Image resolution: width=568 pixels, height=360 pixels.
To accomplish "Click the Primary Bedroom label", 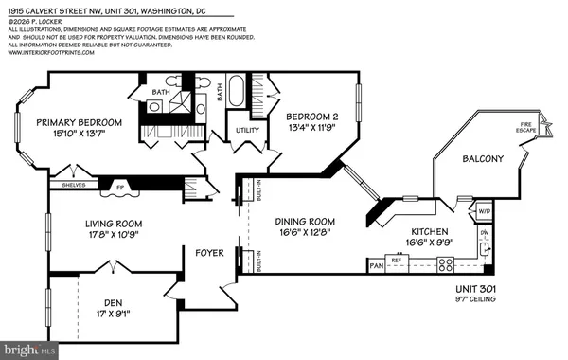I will coord(80,122).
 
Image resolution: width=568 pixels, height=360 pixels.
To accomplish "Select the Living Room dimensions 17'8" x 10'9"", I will coord(94,235).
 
